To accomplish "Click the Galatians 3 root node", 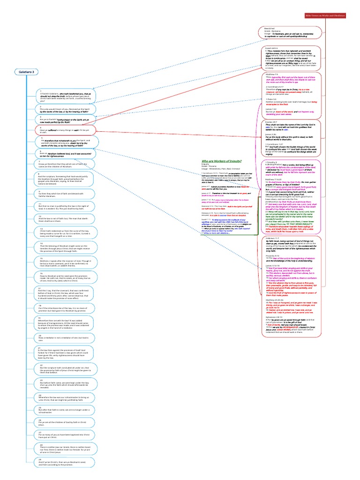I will coord(27,72).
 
